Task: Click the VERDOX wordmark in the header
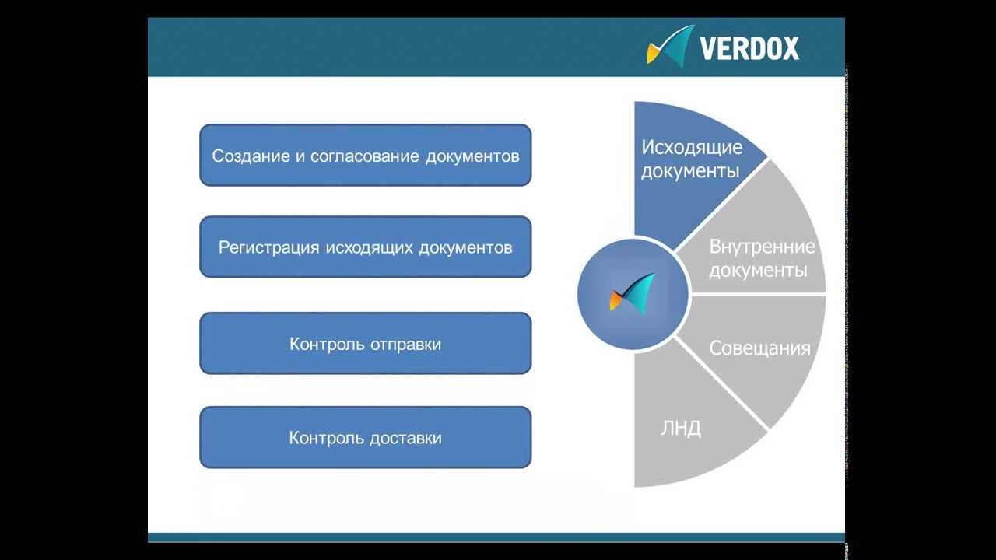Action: (x=749, y=48)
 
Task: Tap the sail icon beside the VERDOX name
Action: (x=671, y=46)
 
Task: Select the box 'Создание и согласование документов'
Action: (x=365, y=156)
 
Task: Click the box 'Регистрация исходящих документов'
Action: (x=365, y=247)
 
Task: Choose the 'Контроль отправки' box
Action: (x=365, y=344)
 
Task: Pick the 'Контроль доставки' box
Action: (x=365, y=438)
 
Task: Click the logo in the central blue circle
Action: (x=633, y=293)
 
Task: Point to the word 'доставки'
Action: (x=405, y=438)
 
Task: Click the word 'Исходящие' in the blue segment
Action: (x=691, y=147)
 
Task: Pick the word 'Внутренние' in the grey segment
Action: (x=762, y=247)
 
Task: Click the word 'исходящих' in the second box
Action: (x=370, y=247)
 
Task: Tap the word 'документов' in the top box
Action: (x=472, y=156)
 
